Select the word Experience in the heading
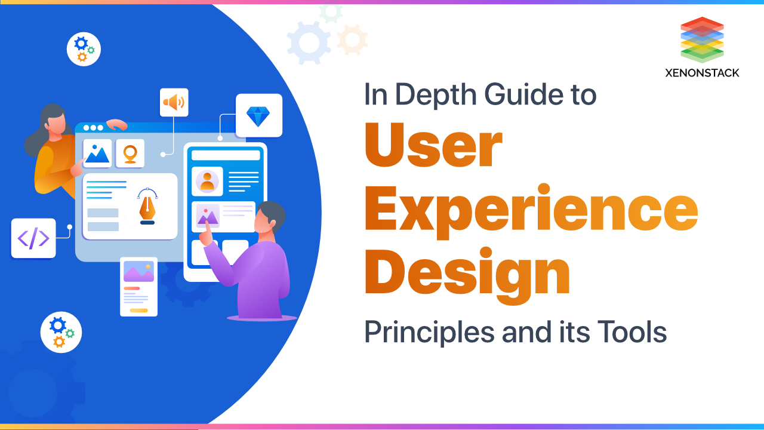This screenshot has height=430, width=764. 531,211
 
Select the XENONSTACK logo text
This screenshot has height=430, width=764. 702,73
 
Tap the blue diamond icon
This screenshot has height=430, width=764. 258,115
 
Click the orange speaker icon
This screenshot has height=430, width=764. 174,102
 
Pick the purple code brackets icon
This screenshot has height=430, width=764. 33,238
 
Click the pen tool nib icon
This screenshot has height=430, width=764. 147,207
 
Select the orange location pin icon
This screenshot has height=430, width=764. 130,153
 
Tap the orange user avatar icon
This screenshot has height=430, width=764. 207,181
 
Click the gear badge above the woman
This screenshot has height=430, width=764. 84,49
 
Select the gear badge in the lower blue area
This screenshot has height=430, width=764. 61,332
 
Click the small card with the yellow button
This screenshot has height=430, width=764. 138,287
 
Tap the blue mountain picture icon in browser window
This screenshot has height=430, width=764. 97,153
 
